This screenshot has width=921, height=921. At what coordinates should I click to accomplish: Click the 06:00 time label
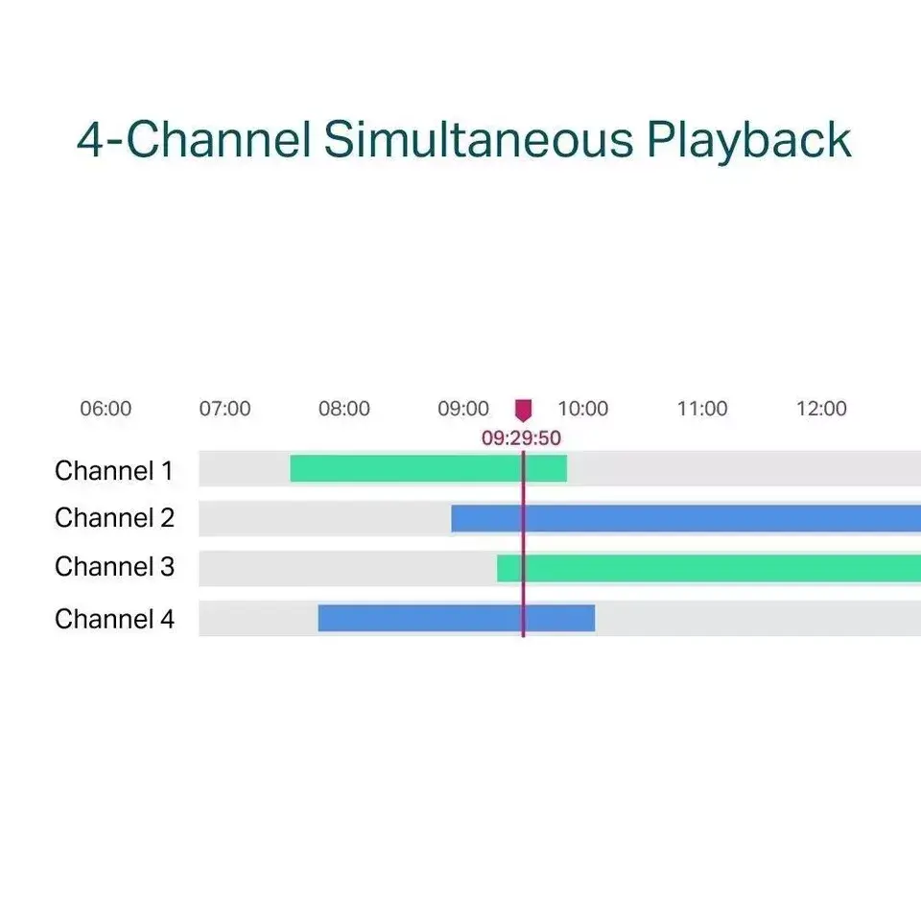point(106,409)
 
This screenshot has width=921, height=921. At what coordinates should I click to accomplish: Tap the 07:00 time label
point(224,409)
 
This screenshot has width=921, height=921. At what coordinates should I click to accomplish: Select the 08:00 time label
point(344,409)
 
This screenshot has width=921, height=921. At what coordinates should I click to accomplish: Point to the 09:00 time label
point(463,409)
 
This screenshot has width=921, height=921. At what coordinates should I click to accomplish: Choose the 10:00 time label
point(583,409)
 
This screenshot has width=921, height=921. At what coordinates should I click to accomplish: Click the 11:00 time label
point(702,409)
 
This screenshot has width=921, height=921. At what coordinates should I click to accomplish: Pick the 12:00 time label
point(821,409)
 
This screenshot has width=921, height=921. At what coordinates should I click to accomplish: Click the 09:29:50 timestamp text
point(521,439)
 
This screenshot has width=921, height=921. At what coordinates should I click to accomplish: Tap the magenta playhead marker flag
point(523,411)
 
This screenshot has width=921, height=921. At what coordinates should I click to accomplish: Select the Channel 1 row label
point(114,471)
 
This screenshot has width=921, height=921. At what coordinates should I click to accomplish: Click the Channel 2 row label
point(114,518)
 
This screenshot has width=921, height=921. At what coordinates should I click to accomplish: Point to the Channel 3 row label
point(114,567)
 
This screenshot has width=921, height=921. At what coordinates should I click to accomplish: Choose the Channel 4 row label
point(114,619)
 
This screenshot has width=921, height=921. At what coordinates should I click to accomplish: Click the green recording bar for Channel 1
point(428,468)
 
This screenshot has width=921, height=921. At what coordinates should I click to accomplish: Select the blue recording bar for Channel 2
point(686,519)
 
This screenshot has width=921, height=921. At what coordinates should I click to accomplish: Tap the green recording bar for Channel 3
point(709,568)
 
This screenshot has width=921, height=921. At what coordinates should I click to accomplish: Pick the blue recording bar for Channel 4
point(456,619)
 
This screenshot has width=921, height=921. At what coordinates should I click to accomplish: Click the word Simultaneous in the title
point(478,140)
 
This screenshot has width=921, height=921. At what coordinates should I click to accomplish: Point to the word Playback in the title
point(748,140)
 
